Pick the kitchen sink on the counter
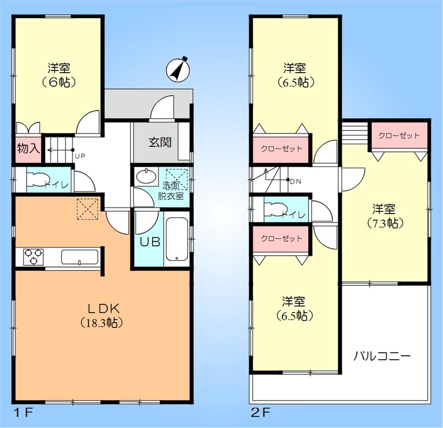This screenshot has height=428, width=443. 79,257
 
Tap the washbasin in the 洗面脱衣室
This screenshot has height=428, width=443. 146,177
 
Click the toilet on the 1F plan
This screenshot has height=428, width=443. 35,179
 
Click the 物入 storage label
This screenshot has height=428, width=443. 28,148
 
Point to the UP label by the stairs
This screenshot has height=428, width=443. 80,156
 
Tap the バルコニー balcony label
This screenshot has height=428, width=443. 382,356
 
